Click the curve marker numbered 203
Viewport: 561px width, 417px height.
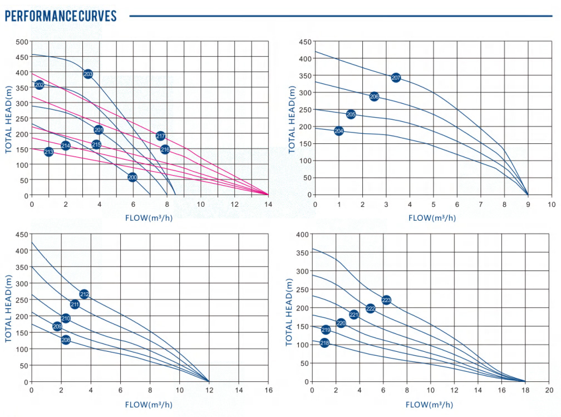click(88, 74)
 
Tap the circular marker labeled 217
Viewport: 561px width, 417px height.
click(160, 136)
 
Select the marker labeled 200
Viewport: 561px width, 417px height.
click(132, 177)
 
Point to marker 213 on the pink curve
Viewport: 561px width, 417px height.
click(48, 152)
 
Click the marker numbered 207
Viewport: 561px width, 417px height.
click(396, 77)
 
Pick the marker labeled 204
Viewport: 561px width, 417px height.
click(339, 131)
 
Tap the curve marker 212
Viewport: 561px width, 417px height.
click(84, 294)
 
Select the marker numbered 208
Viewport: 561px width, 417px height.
click(66, 340)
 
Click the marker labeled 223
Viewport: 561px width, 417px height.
click(386, 300)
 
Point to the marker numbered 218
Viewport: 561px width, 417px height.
click(324, 343)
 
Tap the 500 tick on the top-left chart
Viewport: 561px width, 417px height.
click(22, 42)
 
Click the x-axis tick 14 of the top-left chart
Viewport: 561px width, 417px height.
click(268, 204)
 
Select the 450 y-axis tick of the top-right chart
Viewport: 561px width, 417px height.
click(304, 42)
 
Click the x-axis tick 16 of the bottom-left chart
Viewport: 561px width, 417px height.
click(268, 390)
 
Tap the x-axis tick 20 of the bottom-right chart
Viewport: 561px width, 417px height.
click(549, 390)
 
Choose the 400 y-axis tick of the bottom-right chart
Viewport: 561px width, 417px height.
click(301, 234)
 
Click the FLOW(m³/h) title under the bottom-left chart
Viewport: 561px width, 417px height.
click(149, 404)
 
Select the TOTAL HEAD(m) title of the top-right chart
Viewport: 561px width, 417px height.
click(292, 119)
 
